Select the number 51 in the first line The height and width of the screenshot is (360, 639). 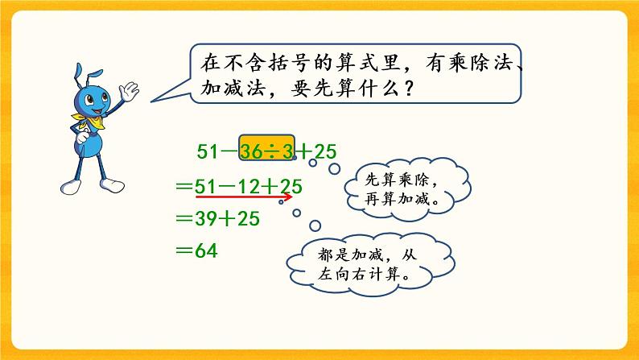click(208, 151)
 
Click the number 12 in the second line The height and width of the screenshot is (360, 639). click(249, 186)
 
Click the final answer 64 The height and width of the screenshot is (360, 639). click(208, 250)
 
